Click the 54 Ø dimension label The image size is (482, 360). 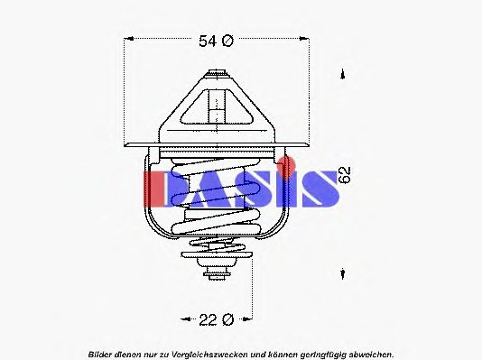tap(216, 41)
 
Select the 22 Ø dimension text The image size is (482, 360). tap(216, 319)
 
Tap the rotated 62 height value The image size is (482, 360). tap(345, 174)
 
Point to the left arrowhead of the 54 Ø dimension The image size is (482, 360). tap(128, 41)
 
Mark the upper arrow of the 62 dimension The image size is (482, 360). tap(343, 75)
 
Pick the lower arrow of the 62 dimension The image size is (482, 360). tap(343, 273)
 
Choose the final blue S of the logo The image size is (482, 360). tap(314, 187)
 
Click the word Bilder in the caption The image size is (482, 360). tap(101, 353)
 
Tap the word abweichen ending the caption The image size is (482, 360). tap(371, 353)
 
